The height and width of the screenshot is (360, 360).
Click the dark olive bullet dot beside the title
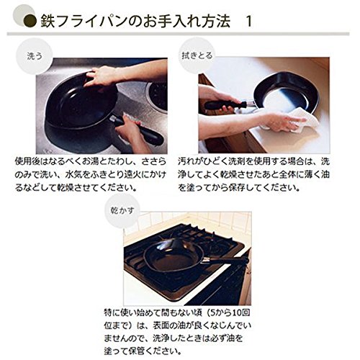30,22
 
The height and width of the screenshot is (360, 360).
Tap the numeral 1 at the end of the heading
249,22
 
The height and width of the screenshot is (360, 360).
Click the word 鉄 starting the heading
48,22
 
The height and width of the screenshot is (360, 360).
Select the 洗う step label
35,56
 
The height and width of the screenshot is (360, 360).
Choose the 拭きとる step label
197,55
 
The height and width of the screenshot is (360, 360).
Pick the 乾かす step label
122,211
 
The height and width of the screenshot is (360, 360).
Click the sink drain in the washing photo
157,96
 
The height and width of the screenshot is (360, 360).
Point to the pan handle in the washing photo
138,130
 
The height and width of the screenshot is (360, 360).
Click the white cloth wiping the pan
297,120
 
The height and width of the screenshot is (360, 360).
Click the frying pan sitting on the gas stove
174,256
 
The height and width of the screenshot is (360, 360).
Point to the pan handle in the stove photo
225,260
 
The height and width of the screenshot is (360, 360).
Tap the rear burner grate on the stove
204,235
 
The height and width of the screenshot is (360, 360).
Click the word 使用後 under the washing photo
27,161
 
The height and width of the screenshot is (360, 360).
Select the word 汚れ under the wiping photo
186,161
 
